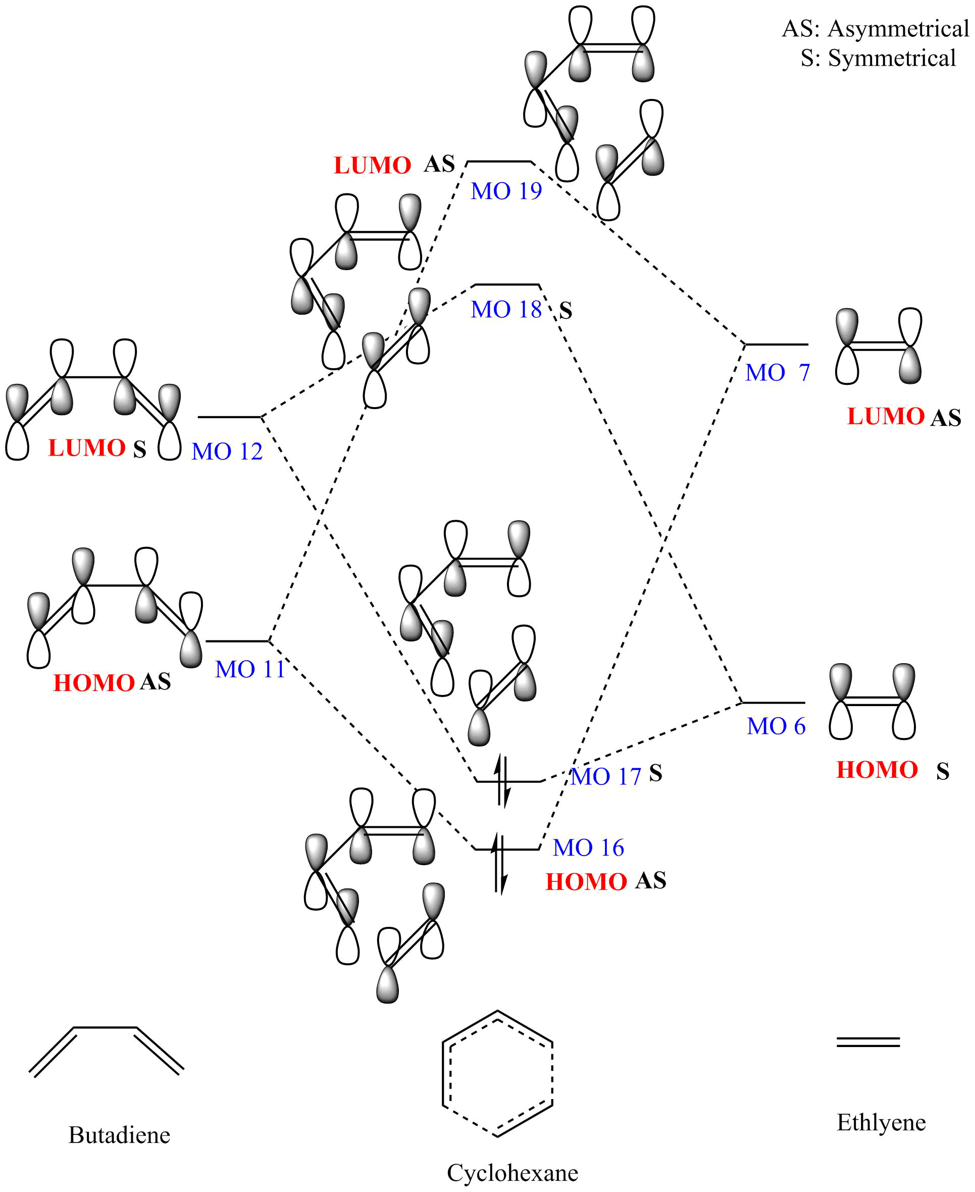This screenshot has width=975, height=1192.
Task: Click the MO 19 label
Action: [x=506, y=191]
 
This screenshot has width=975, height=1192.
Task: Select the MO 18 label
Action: [x=506, y=310]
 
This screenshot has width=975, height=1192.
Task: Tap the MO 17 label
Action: [x=606, y=776]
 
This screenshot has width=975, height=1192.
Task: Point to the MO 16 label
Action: [x=588, y=848]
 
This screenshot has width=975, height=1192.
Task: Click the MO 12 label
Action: [x=227, y=452]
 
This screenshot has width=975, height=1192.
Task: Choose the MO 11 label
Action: [x=250, y=669]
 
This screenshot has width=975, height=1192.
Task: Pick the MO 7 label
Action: [x=777, y=372]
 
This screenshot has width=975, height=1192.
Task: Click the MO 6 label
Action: [x=776, y=726]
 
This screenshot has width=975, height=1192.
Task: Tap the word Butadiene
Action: [x=119, y=1135]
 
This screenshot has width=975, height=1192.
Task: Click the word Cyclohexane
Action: [x=512, y=1173]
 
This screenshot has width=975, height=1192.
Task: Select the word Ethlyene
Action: [x=881, y=1122]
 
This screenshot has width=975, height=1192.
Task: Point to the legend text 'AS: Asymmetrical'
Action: [x=876, y=29]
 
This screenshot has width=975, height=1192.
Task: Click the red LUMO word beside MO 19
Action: [x=372, y=166]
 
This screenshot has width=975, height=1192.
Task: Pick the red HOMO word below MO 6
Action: [x=877, y=770]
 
